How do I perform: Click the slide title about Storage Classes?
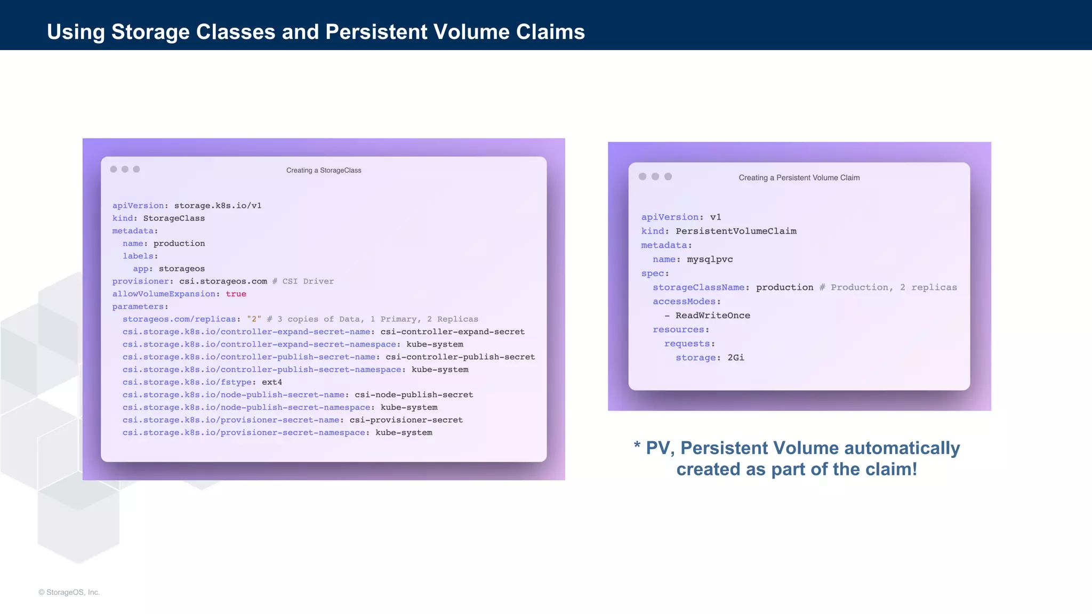point(316,32)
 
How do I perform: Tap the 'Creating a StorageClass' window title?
point(324,171)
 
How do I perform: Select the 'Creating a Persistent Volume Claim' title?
point(799,178)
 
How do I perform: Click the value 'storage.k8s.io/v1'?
point(218,206)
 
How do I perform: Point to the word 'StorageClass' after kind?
point(174,219)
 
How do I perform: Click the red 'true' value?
point(236,294)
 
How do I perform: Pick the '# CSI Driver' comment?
point(303,281)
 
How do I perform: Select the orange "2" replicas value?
point(254,319)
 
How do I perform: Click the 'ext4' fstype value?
point(272,382)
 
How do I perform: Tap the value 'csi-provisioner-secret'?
point(406,420)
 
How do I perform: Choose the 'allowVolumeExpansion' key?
point(164,294)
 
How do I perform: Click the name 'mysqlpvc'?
point(710,260)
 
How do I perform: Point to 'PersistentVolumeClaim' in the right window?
point(736,231)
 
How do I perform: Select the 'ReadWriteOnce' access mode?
point(713,316)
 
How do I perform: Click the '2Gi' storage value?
point(736,358)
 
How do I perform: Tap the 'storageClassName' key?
point(698,288)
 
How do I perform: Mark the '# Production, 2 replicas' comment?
point(888,288)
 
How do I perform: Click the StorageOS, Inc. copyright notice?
point(69,592)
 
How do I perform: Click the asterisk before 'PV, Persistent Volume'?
point(637,446)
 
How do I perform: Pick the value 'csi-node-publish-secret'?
point(414,395)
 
